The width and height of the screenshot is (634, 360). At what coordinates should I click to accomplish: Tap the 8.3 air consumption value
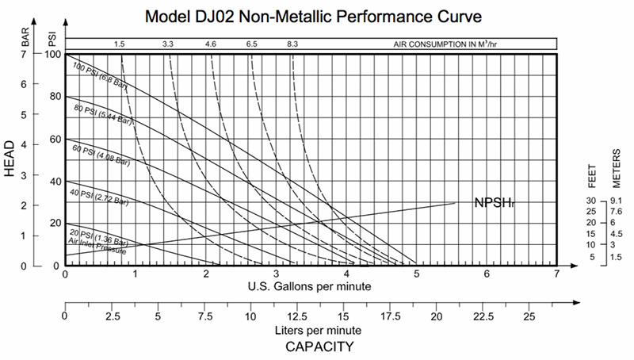[292, 44]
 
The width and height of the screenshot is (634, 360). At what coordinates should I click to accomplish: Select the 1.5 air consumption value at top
[120, 44]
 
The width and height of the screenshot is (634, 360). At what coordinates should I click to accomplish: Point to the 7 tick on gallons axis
[556, 274]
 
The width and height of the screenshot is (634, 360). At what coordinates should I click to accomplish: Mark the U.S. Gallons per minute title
[309, 286]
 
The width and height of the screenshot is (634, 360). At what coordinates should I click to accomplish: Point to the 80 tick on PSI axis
[54, 97]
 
